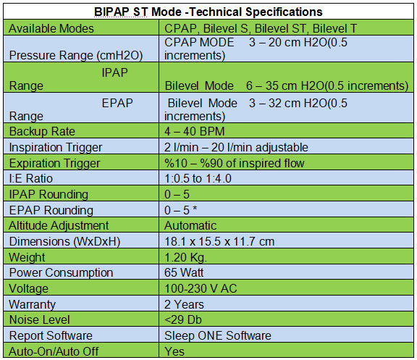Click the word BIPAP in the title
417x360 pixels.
111,12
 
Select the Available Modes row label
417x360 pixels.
51,28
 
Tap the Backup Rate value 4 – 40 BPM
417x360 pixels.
195,131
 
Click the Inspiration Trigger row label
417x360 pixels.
56,147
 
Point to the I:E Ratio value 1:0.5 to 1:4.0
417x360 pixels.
198,178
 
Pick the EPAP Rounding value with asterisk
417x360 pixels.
180,210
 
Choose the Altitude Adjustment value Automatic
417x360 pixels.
190,225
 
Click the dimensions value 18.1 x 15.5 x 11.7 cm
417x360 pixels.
219,242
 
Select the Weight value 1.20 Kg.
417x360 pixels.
185,258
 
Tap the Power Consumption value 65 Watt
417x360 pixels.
184,272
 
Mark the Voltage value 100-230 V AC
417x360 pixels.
201,288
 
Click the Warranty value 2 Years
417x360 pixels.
184,304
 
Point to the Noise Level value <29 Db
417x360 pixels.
183,319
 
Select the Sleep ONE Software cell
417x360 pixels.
218,335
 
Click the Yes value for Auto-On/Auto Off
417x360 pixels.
174,351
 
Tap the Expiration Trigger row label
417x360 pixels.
54,163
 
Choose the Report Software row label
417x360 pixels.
51,335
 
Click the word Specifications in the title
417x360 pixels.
284,12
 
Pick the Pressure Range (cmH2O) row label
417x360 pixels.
76,55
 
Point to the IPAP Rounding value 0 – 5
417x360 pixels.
177,194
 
